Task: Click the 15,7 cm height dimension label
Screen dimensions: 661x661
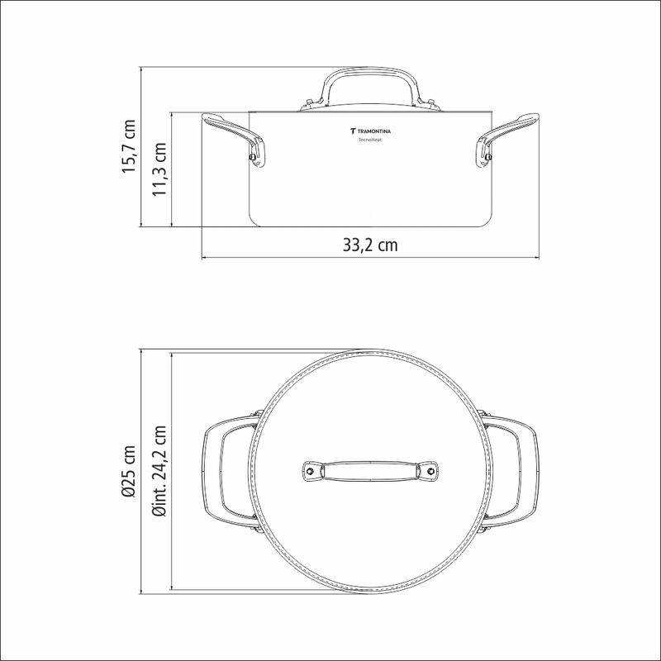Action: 129,146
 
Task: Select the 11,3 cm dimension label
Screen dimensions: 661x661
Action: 159,169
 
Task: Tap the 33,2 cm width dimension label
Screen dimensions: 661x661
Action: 369,245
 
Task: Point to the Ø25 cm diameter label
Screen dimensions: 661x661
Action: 129,471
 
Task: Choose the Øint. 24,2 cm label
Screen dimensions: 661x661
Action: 159,471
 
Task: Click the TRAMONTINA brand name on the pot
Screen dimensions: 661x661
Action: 374,131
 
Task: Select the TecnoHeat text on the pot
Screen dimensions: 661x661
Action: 370,140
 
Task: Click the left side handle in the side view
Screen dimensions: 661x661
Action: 233,139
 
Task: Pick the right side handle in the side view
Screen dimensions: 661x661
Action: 507,139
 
